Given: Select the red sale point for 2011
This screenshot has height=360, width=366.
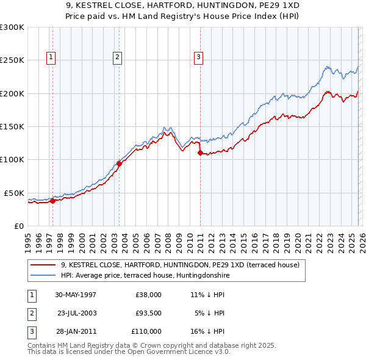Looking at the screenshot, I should click(199, 153).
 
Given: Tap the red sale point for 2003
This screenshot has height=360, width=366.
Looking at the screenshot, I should click(119, 164).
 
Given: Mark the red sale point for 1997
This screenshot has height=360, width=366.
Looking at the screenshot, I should click(52, 200).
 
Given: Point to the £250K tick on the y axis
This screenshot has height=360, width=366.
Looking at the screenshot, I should click(12, 60).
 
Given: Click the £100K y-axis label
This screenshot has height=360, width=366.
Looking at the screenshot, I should click(12, 159).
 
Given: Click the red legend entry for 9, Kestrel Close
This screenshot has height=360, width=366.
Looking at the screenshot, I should click(180, 265).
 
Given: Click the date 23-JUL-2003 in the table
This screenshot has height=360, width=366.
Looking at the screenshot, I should click(77, 313).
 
